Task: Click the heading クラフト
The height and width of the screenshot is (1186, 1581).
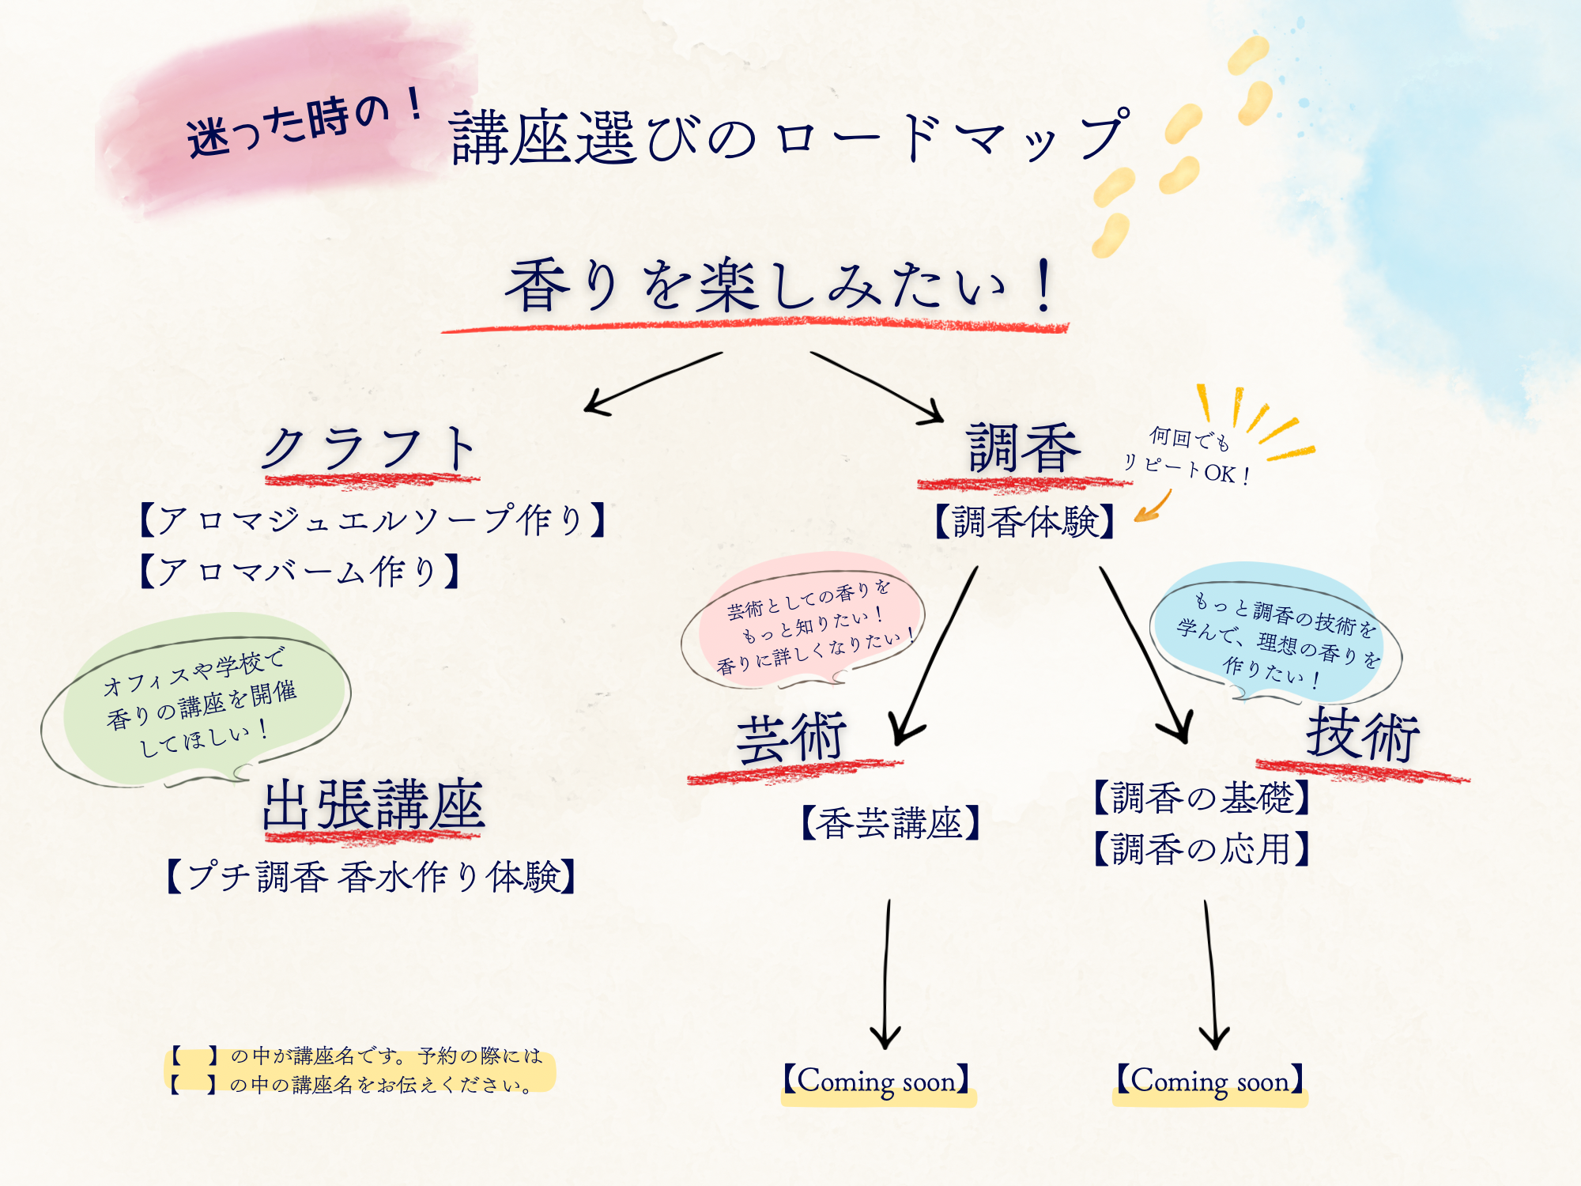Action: [370, 449]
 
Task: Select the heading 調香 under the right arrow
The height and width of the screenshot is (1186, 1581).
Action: [1024, 449]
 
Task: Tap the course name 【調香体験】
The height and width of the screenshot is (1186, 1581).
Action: [1024, 522]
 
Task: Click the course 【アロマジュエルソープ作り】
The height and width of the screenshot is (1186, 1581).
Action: [372, 520]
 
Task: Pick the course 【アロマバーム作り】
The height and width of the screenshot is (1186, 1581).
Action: [299, 571]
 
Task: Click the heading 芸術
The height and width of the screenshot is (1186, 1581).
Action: [790, 738]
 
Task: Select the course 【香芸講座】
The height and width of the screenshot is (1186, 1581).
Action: [890, 823]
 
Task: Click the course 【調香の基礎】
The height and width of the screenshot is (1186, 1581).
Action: [1202, 797]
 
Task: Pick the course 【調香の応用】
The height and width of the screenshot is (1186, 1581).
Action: [1202, 849]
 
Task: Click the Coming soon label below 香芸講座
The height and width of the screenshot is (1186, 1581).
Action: [877, 1081]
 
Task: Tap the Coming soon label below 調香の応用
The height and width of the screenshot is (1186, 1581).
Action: [1209, 1081]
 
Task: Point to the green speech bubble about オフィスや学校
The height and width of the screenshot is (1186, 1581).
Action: [198, 700]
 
